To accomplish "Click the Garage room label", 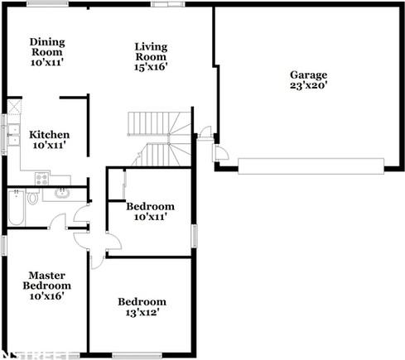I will point(308,79).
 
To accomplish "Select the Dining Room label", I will point(47,51).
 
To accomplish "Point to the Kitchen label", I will point(49,140).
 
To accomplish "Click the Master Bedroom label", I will point(47,285).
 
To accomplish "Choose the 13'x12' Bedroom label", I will point(142,307).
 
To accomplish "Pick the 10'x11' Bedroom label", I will point(150,211).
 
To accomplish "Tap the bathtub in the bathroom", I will point(14,207).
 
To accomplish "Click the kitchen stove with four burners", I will point(41,177).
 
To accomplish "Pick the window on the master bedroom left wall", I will point(3,246).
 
